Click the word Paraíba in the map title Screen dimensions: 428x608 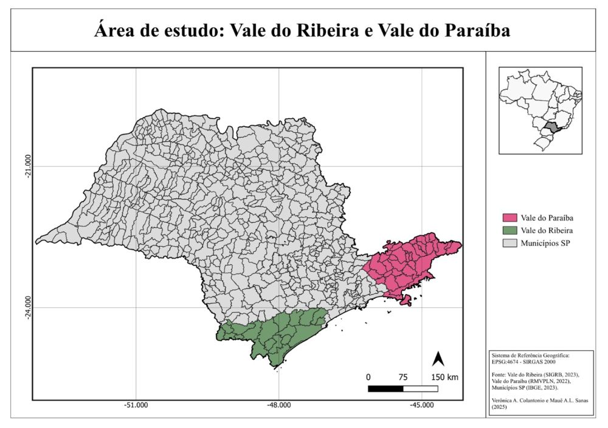pos(477,30)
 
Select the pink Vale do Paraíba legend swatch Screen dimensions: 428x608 pos(509,218)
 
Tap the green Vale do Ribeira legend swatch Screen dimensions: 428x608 pos(509,231)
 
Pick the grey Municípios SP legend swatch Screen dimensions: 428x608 pos(509,244)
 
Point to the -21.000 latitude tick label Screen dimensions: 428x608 pos(26,166)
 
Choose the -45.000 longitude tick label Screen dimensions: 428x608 pos(421,406)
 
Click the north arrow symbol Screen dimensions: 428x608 pos(437,359)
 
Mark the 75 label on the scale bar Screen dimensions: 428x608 pos(403,377)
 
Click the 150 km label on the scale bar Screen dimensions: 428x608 pos(444,377)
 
